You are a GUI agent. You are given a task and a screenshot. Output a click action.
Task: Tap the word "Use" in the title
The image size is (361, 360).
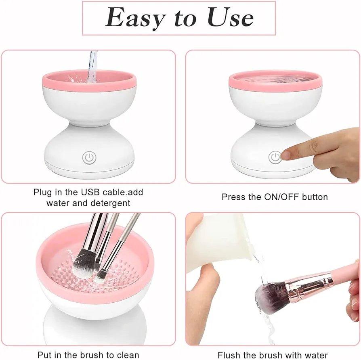point(230,17)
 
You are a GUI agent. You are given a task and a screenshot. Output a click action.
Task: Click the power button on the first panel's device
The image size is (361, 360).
point(89,157)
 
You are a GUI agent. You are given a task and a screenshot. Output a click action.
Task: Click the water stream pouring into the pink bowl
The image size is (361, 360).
point(92,67)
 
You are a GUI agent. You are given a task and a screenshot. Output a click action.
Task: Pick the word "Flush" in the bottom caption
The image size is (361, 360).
point(229,355)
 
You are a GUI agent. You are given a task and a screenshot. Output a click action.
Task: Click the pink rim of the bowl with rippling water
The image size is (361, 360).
point(275,86)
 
